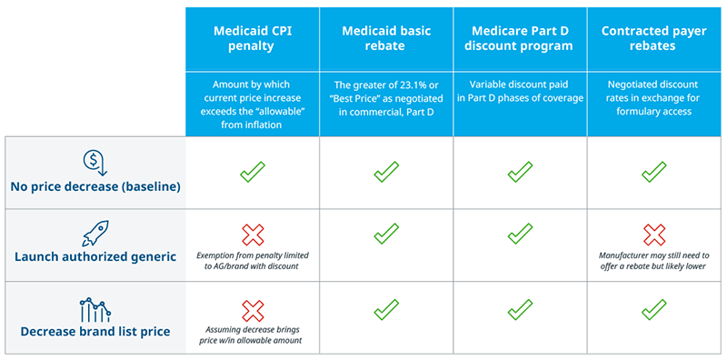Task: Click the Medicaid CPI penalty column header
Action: pyautogui.click(x=253, y=38)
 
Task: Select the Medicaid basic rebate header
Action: pyautogui.click(x=386, y=38)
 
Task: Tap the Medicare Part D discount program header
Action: pyautogui.click(x=520, y=38)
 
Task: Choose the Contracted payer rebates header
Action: pyautogui.click(x=653, y=38)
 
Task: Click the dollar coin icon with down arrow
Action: pyautogui.click(x=95, y=163)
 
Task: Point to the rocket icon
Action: pyautogui.click(x=96, y=233)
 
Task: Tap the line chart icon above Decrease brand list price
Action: pyautogui.click(x=95, y=309)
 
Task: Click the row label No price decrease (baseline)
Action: pyautogui.click(x=95, y=187)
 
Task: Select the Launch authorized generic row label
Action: pyautogui.click(x=95, y=256)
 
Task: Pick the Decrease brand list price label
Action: pyautogui.click(x=95, y=332)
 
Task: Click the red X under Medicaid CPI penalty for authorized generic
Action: pyautogui.click(x=253, y=235)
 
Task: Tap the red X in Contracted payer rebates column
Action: pyautogui.click(x=654, y=235)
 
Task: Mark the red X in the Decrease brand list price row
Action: pyautogui.click(x=253, y=311)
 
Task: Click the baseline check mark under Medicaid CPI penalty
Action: pyautogui.click(x=253, y=172)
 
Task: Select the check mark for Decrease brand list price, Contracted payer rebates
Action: pyautogui.click(x=653, y=309)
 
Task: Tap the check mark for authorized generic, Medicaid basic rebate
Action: pyautogui.click(x=386, y=234)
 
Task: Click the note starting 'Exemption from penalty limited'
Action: pyautogui.click(x=253, y=261)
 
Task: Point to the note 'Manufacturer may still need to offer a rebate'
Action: pyautogui.click(x=654, y=261)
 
